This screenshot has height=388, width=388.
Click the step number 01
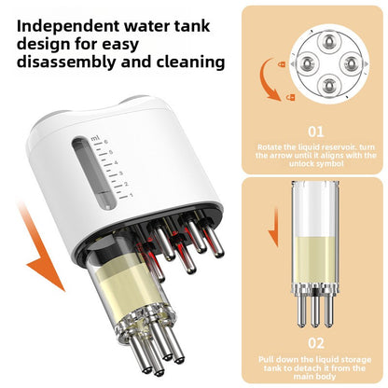coord(316,132)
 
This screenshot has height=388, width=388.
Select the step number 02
coord(316,343)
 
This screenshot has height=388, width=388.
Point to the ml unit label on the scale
coord(95,139)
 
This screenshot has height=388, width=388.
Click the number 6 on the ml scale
coord(106,142)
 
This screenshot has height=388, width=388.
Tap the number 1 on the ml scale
coord(132,195)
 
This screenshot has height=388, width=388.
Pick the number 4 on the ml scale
coord(116,163)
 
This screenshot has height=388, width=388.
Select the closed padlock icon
coord(282,64)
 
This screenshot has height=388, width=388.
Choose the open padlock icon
coord(291,97)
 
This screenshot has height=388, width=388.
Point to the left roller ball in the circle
coord(307,63)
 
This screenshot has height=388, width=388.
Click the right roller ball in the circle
coord(351,63)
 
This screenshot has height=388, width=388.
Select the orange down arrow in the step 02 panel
coord(273,227)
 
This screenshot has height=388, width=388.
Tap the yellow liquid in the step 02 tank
coord(315,259)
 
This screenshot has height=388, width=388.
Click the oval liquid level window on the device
coord(92,173)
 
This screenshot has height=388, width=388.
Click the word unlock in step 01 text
coord(300,163)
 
